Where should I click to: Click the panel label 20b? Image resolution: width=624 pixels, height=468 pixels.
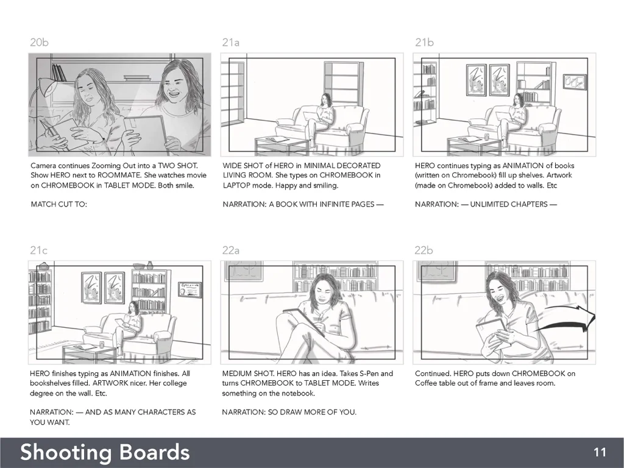click(39, 42)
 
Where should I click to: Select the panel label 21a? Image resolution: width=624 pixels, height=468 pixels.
click(231, 42)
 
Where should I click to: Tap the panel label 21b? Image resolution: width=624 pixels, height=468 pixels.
click(424, 42)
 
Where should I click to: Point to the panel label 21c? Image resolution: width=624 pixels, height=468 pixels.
click(38, 250)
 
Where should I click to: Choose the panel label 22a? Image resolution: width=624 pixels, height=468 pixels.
click(231, 250)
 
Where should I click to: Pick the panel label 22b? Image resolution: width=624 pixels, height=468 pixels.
click(424, 250)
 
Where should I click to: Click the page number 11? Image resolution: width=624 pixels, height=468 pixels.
click(600, 453)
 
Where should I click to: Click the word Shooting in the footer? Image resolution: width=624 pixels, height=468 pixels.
click(66, 453)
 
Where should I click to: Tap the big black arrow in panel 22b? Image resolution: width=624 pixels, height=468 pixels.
click(565, 319)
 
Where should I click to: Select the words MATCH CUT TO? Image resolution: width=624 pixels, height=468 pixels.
click(59, 204)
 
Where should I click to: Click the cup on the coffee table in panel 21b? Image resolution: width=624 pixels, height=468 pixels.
click(486, 137)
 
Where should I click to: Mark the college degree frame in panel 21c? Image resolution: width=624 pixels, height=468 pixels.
click(190, 289)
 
